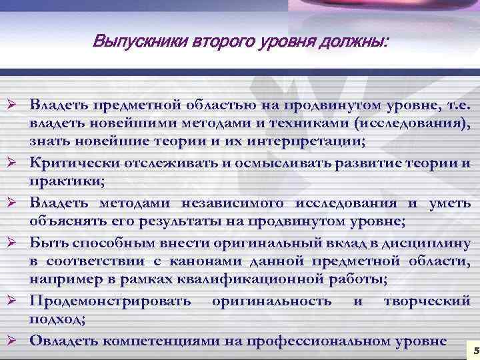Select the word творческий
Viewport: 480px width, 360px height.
click(x=427, y=301)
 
